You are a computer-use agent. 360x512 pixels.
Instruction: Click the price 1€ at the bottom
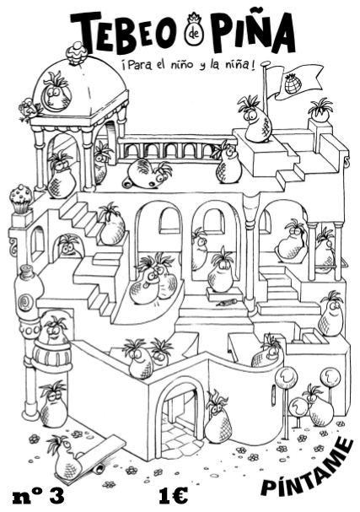pos(174,496)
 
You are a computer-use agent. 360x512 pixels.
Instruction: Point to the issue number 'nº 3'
pos(38,496)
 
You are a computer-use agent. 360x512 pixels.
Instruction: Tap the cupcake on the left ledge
pos(21,199)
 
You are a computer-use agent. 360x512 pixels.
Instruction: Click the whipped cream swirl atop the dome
pos(77,53)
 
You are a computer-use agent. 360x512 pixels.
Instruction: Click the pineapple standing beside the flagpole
pos(255,119)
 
